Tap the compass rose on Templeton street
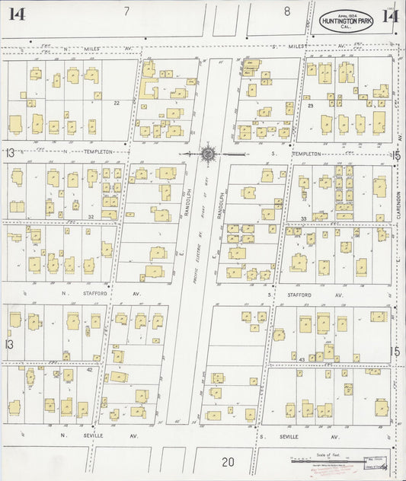click(207, 153)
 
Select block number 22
click(117, 103)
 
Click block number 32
click(90, 217)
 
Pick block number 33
click(303, 219)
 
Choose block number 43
click(302, 358)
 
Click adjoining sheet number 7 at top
click(126, 11)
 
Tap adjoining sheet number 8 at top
click(287, 11)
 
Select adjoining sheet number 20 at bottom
click(228, 462)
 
